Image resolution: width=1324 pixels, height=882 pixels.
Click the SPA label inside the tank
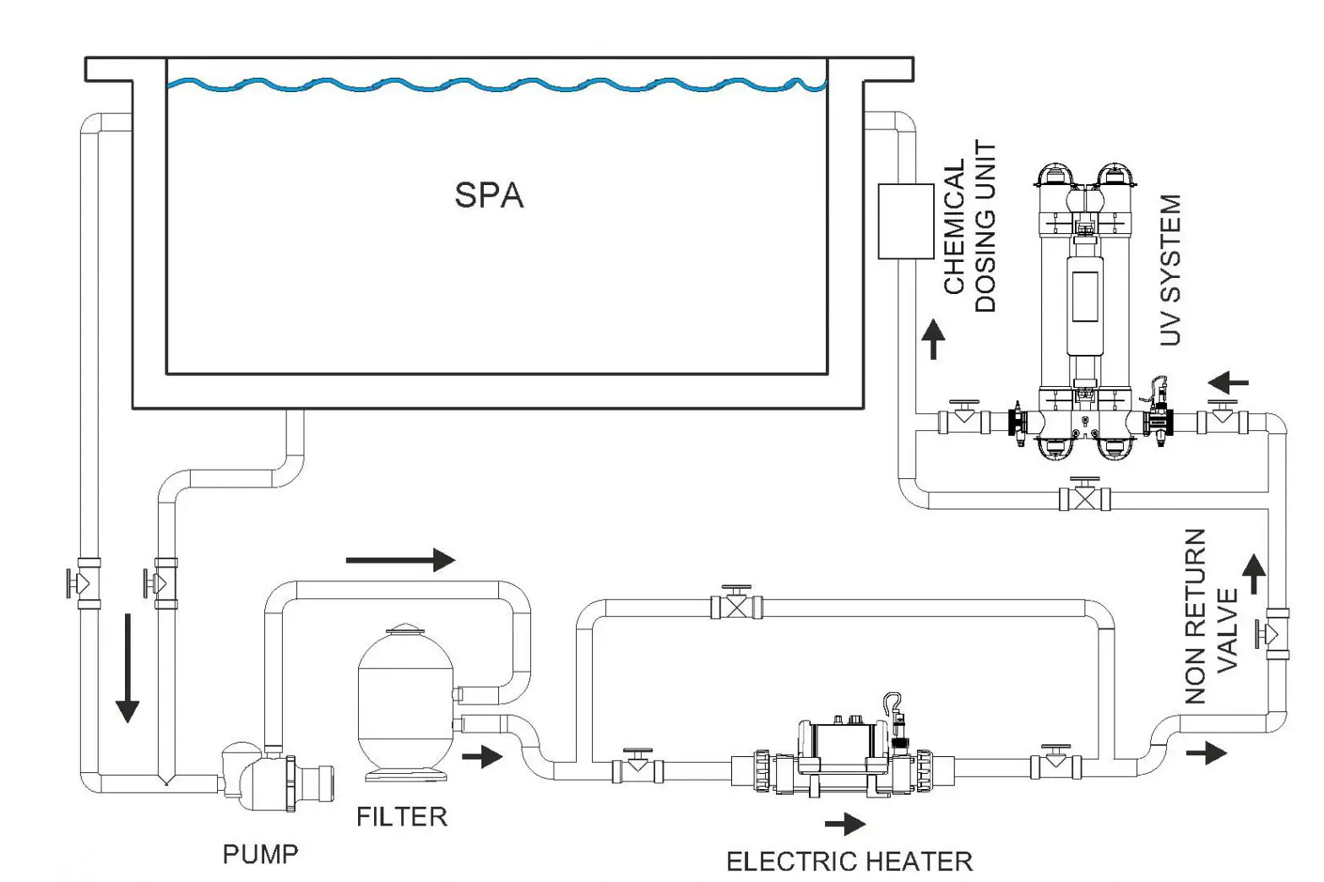point(489,195)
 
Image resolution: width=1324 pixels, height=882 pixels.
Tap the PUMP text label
point(260,854)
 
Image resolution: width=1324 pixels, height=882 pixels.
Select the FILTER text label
point(402,817)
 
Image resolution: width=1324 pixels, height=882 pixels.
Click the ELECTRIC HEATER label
point(849,861)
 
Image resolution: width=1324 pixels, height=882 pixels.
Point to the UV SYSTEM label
point(1169,270)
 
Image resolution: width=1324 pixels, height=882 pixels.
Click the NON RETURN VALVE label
point(1209,617)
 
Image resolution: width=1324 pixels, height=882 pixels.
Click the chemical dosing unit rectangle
point(905,220)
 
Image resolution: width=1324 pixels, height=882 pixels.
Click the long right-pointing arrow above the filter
point(400,559)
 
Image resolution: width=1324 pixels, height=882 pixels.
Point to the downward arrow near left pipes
point(127,667)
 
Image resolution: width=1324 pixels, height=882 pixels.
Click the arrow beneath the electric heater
point(845,824)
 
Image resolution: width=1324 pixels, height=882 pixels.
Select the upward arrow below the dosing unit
point(933,339)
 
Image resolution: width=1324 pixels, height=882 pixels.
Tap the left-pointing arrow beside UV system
point(1228,383)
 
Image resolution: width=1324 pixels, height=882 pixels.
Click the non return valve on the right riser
point(1275,633)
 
